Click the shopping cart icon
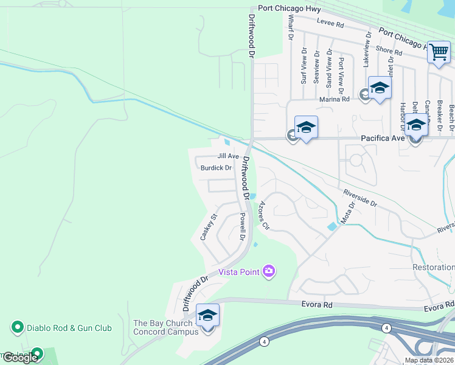click(x=439, y=52)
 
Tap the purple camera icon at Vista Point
click(x=269, y=271)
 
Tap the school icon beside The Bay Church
click(x=207, y=315)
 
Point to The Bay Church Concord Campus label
click(x=165, y=327)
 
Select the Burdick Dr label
click(x=216, y=168)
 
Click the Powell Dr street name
click(x=242, y=225)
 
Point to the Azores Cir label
click(x=264, y=215)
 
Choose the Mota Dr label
click(x=347, y=215)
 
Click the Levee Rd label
click(x=332, y=25)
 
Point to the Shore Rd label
click(x=389, y=52)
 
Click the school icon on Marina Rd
click(x=380, y=89)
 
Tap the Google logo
click(x=19, y=358)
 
